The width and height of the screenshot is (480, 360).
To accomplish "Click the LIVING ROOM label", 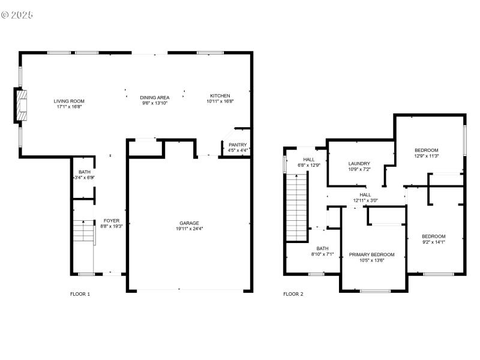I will (69, 101).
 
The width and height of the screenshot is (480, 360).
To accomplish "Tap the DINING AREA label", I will (154, 97).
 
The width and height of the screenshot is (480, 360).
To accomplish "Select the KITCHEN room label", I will (220, 96).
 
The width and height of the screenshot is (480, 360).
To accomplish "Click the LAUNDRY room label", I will (359, 163).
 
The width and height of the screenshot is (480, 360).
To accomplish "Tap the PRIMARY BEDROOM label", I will (371, 254).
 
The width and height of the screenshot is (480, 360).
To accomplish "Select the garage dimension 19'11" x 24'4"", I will (190, 229).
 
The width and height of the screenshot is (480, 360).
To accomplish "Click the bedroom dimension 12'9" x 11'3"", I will (427, 156).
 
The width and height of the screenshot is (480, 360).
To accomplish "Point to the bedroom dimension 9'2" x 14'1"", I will (433, 242).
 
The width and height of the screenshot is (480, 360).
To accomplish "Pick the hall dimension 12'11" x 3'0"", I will (365, 200).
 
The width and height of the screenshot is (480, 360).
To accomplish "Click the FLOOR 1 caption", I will (80, 294).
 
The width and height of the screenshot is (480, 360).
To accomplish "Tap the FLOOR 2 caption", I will (293, 294).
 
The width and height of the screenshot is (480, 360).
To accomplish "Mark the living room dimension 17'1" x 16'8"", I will (69, 107).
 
